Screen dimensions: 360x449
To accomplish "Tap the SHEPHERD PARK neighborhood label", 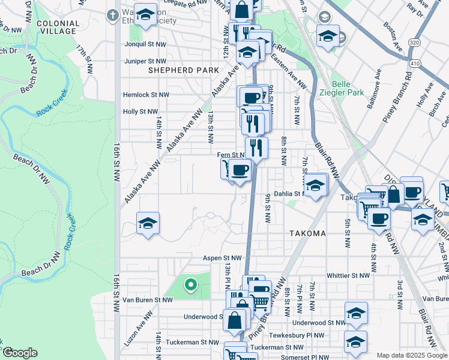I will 184,70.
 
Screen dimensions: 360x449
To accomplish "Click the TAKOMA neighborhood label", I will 307,233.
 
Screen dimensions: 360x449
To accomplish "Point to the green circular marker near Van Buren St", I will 191,285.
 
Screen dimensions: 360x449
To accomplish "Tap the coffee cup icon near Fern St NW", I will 240,170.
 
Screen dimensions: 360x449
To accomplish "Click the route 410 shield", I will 415,62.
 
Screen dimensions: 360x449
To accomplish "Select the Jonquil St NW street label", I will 144,44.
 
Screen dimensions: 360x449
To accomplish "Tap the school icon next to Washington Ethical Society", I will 145,16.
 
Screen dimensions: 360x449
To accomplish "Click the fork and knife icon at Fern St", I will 256,147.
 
